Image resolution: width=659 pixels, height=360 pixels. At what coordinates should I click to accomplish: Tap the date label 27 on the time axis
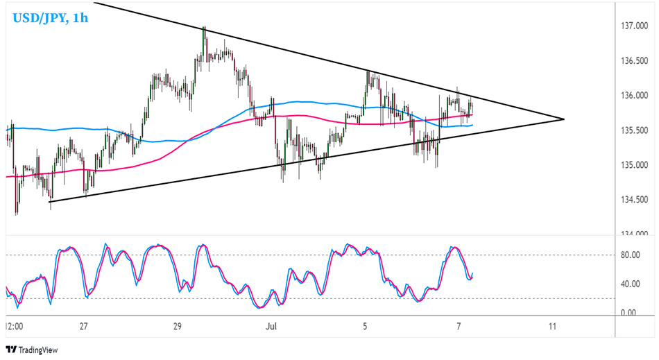click(x=83, y=325)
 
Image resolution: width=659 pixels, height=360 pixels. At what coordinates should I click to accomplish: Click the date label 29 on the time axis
click(x=177, y=325)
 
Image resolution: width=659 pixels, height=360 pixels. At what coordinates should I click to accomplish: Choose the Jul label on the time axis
click(x=271, y=325)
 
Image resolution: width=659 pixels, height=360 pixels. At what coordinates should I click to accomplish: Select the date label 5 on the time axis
click(x=365, y=325)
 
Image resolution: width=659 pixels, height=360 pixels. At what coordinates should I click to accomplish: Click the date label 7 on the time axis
click(x=459, y=325)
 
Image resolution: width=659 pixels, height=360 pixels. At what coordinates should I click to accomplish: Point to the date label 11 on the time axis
click(x=552, y=325)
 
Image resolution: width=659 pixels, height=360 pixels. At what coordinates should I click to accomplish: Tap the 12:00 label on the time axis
click(x=15, y=325)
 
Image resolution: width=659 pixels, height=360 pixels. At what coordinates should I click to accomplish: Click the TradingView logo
click(x=33, y=349)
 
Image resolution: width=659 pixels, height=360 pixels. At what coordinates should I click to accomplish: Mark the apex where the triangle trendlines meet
click(x=564, y=119)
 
